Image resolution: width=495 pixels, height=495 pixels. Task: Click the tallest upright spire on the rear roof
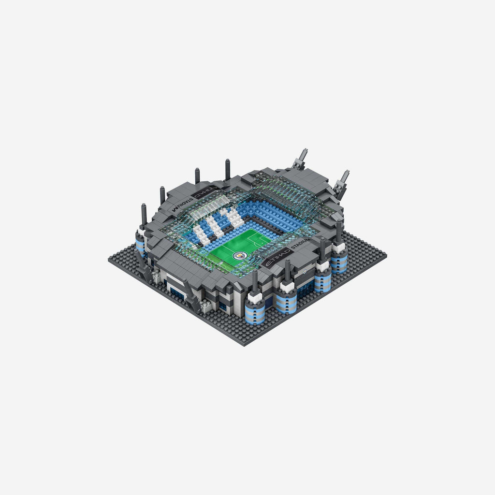pos(228,169)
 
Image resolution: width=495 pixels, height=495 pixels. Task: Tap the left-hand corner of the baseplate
pos(109,260)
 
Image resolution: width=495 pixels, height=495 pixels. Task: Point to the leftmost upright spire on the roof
pos(144,215)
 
